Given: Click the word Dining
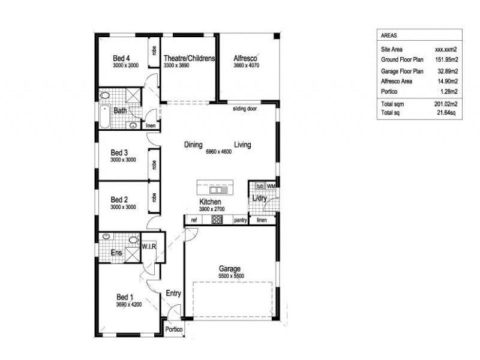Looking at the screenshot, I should (193, 145).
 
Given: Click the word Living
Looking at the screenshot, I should (242, 145).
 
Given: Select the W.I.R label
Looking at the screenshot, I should (149, 247).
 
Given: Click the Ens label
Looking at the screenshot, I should (117, 253).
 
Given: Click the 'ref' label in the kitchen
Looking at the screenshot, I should (194, 220).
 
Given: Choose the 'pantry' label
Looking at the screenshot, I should (241, 220).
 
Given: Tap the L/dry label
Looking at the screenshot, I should (259, 199).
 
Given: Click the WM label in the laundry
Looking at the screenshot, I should (271, 186).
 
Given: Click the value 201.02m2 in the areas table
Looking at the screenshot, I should (446, 104).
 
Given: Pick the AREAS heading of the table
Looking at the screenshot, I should (389, 35).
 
